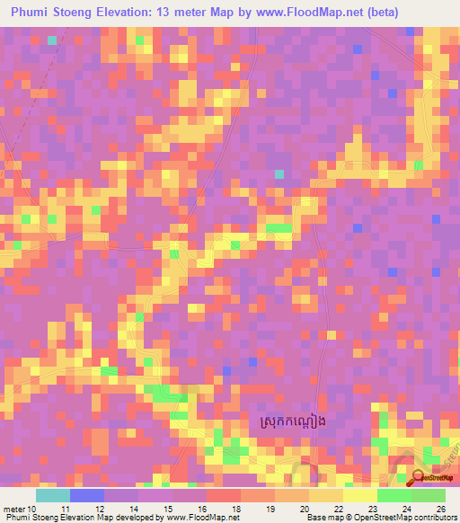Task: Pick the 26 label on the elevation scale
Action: coord(440,508)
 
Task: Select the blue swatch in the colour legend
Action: coord(87,495)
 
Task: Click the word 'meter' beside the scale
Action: coord(15,508)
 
